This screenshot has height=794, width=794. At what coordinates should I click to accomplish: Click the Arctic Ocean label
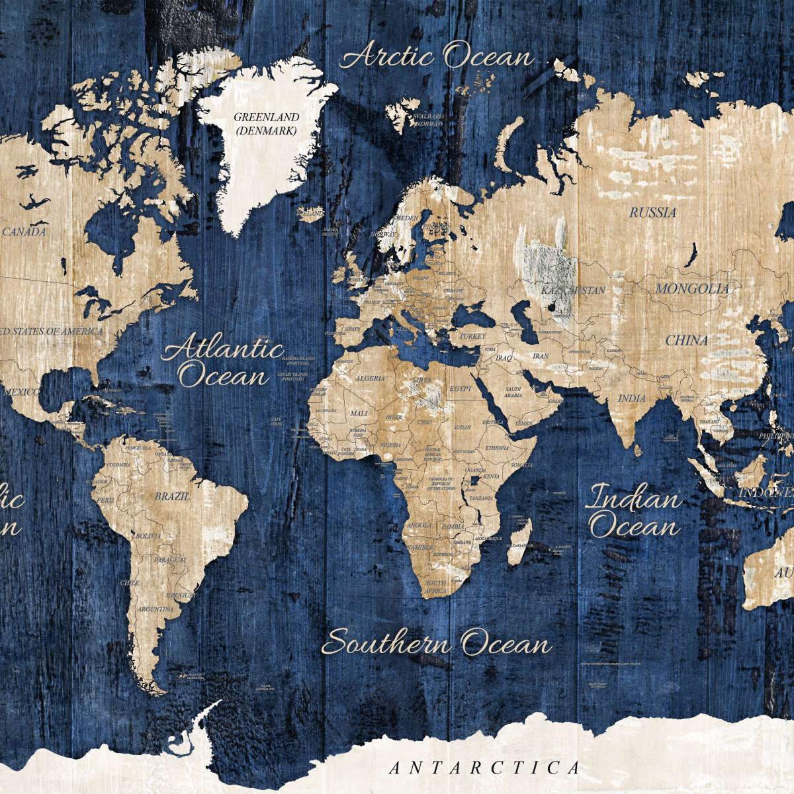pos(437,56)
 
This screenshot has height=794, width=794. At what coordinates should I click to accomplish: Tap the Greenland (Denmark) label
pos(267,124)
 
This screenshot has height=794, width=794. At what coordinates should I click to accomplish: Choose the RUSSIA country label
pos(652,212)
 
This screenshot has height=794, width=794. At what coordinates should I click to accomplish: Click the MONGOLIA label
pos(692,288)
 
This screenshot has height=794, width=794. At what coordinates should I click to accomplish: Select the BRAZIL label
pos(171,495)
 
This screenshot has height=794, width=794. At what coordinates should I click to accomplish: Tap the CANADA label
pos(24,232)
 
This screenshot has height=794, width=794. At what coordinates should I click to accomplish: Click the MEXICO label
pos(22,392)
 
